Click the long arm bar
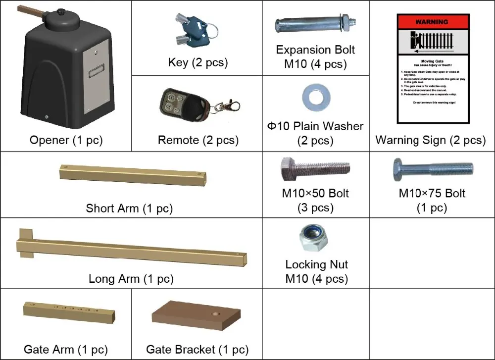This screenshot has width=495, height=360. pyautogui.click(x=131, y=248)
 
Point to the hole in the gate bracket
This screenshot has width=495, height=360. pyautogui.click(x=216, y=314)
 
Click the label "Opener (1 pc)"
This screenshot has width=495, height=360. pyautogui.click(x=65, y=140)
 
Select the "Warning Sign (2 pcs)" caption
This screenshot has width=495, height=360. pyautogui.click(x=431, y=140)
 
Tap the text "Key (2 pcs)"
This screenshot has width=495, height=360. pyautogui.click(x=198, y=62)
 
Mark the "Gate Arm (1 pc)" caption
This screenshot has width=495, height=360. pyautogui.click(x=65, y=350)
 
